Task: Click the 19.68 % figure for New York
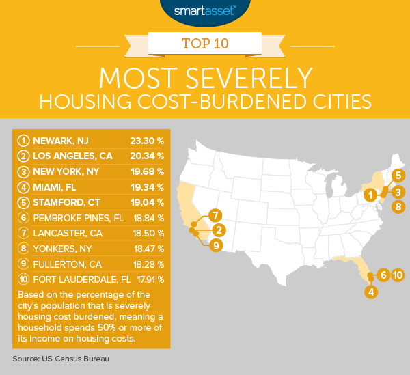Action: pyautogui.click(x=146, y=171)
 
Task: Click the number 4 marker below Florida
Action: pyautogui.click(x=370, y=292)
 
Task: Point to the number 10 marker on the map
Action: pyautogui.click(x=398, y=275)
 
